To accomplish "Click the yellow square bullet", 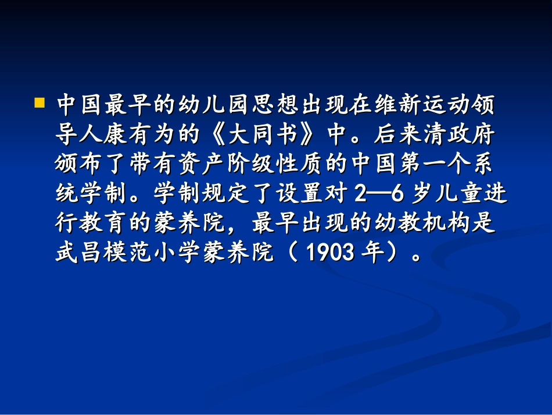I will [40, 104].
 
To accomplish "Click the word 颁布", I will [79, 165].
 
